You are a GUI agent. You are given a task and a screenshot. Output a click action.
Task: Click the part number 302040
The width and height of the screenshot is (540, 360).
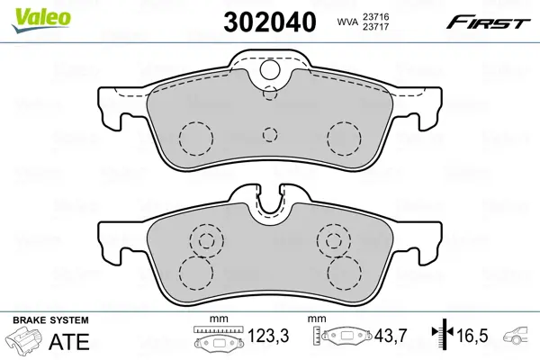coord(270,22)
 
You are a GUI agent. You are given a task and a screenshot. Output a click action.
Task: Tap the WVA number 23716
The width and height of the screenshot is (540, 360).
coord(374,16)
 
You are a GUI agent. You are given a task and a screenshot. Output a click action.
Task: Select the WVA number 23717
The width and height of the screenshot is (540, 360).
coord(374,26)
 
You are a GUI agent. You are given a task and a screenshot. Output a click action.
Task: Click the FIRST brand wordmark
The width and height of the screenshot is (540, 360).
coord(488,22)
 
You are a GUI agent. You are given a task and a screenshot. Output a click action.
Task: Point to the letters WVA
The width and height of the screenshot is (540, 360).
coord(346,22)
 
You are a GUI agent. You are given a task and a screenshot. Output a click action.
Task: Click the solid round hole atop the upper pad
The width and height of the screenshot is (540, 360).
coord(270,70)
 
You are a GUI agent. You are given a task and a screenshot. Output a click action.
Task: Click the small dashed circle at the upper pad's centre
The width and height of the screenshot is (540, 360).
coord(270,134)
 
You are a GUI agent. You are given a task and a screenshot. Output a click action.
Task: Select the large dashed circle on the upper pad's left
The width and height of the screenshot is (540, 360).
coord(196,138)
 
